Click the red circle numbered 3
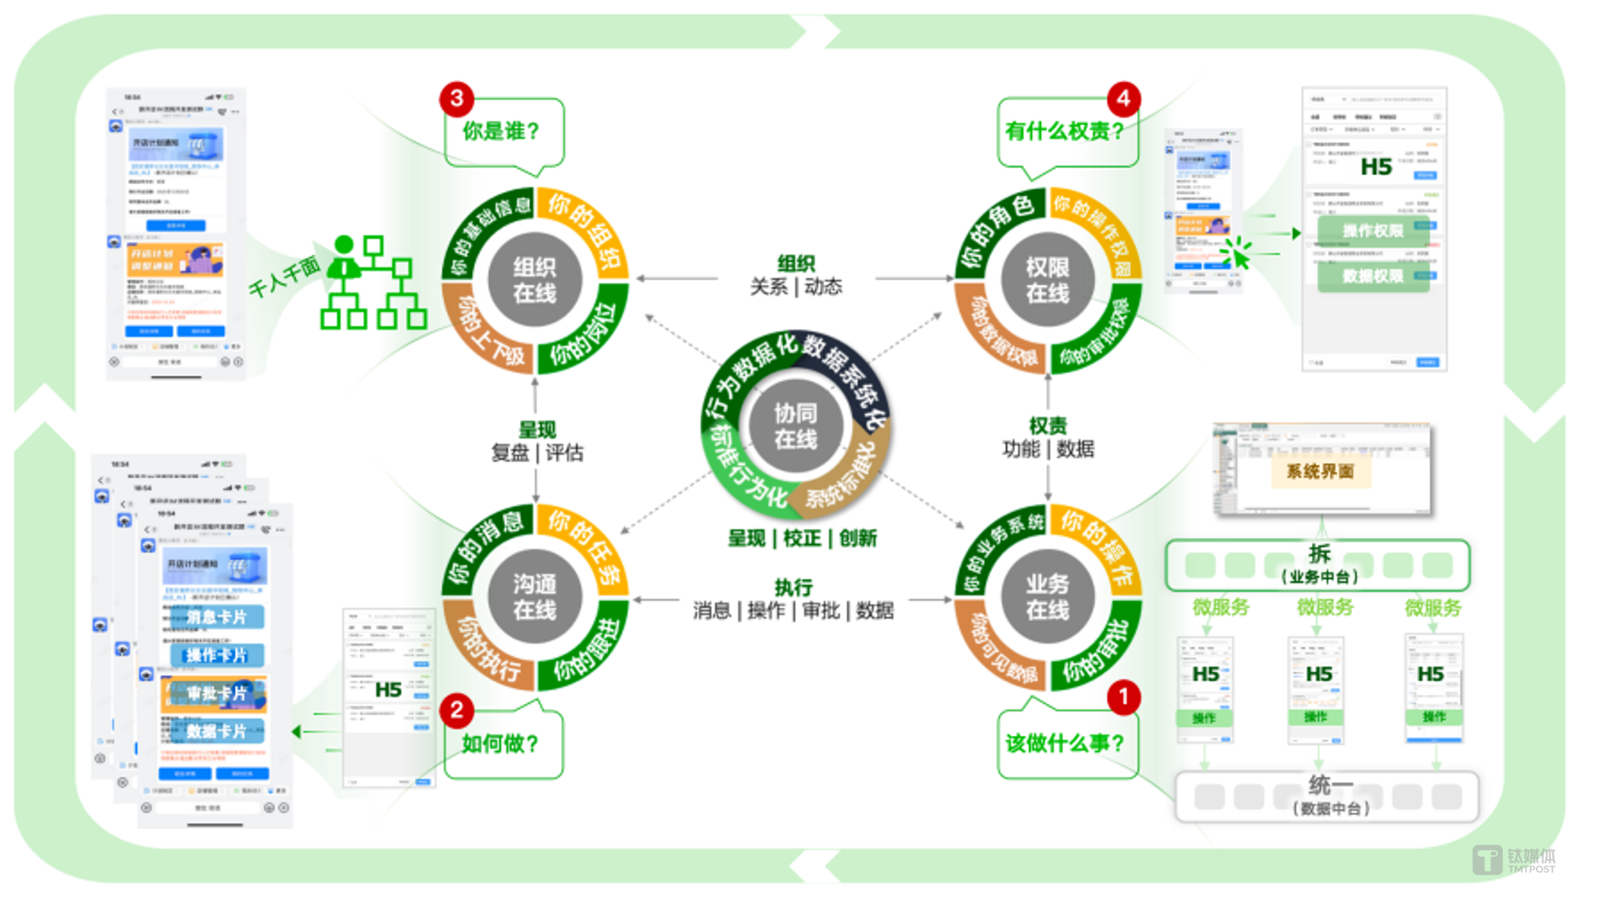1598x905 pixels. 457,98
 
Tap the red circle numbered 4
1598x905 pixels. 1123,98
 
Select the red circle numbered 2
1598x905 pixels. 457,710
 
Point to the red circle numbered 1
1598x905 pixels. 1123,697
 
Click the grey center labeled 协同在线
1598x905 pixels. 795,426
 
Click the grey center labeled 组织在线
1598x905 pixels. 534,280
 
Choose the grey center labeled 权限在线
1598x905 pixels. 1047,280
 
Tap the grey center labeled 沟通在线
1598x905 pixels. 534,597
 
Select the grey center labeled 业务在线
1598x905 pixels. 1047,597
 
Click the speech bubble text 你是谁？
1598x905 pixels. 502,132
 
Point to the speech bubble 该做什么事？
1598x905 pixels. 1065,743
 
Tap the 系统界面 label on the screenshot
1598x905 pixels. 1320,471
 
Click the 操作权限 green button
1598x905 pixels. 1373,230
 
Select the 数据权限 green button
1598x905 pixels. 1373,276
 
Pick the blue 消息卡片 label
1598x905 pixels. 216,616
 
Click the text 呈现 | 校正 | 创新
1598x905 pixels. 802,538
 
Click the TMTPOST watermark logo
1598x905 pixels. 1514,860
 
